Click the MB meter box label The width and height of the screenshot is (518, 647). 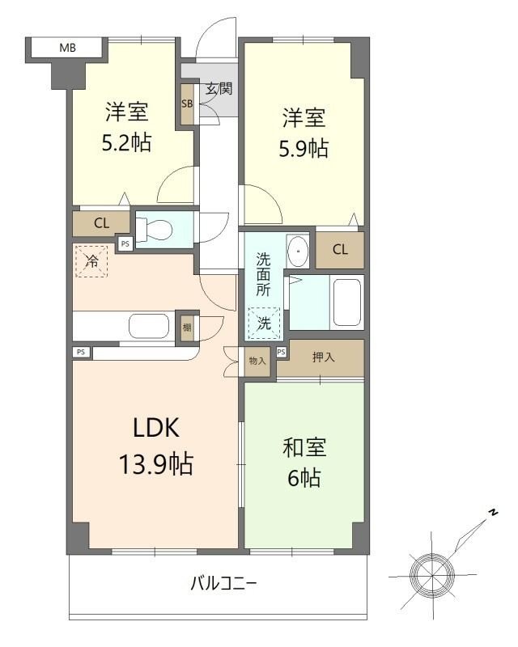[x=68, y=48]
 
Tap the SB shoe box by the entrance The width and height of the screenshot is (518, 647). [x=187, y=104]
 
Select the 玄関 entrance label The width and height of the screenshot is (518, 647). [x=219, y=88]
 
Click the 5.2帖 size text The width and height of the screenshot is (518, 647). [x=126, y=143]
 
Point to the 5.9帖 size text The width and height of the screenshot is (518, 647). [x=304, y=149]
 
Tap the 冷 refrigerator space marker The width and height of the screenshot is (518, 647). [x=91, y=261]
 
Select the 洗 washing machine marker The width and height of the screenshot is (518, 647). [x=264, y=323]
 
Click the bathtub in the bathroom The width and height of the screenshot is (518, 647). [x=347, y=302]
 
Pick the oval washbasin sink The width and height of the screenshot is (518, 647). [x=298, y=251]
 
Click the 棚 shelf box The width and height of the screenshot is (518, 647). [x=187, y=328]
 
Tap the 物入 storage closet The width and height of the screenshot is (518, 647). [x=257, y=361]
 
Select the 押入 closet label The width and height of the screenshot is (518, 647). [x=324, y=357]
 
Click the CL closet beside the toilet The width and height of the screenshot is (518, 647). [x=102, y=223]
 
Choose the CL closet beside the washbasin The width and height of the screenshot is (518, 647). [x=340, y=250]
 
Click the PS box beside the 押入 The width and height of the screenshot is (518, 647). [x=282, y=352]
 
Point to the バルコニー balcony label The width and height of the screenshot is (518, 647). [x=224, y=583]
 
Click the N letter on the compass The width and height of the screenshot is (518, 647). [x=492, y=513]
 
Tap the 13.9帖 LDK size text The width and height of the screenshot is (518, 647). [x=155, y=463]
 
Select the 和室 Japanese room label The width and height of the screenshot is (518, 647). [x=304, y=448]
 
